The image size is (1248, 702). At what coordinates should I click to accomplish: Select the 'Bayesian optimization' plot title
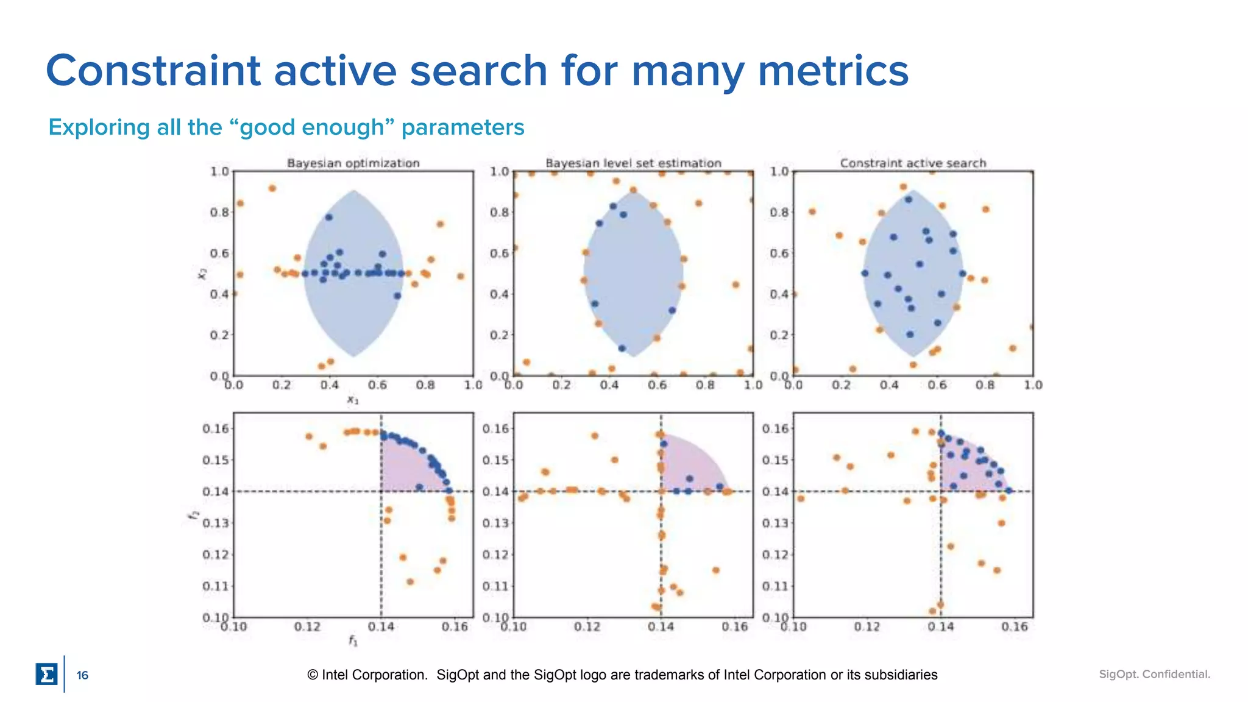pos(353,163)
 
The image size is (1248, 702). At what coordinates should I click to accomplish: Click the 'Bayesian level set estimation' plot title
pos(633,163)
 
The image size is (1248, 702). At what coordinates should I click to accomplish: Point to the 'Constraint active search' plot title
pos(913,163)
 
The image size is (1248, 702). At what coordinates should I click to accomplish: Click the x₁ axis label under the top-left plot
pos(353,400)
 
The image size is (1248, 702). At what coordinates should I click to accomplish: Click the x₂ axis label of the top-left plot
pos(202,274)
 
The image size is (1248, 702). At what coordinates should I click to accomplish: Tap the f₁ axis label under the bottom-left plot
pos(353,640)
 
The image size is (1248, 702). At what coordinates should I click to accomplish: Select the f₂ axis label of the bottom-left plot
pos(194,515)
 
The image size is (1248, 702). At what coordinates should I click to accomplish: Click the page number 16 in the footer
pos(82,675)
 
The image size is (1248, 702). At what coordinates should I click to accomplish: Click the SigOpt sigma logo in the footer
pos(46,675)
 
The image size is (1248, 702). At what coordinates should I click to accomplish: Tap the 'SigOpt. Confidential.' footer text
pos(1154,675)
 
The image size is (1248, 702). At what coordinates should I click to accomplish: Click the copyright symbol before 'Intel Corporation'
pos(313,675)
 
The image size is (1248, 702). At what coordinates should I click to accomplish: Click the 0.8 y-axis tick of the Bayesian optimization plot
pos(219,213)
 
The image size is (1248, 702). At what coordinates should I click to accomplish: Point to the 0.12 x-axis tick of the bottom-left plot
pos(307,627)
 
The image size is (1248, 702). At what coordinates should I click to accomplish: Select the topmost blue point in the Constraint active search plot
pos(909,199)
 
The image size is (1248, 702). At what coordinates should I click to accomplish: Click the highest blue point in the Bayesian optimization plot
pos(329,217)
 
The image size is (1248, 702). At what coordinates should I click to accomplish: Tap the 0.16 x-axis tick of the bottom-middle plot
pos(734,627)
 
